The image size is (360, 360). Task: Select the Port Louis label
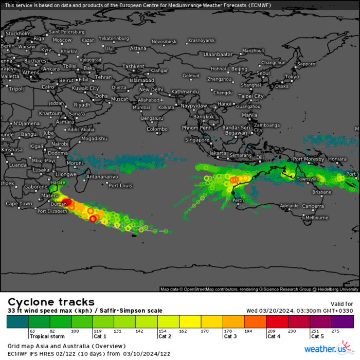[x=120, y=185]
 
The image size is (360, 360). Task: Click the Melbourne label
[x=316, y=218]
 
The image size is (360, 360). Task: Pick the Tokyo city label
[x=292, y=77]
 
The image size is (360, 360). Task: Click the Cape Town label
[x=20, y=204]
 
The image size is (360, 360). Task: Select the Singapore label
[x=197, y=139]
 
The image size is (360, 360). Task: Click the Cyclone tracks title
[x=51, y=302]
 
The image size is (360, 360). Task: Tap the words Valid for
[x=342, y=304]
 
